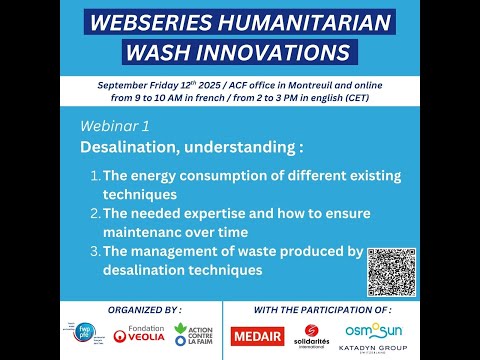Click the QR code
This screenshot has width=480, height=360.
[391, 272]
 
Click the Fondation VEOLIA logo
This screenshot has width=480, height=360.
[140, 335]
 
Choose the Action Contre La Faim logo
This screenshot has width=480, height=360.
[193, 335]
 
